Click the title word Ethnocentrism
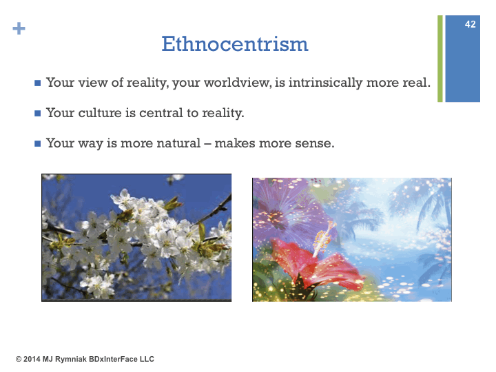coord(235,43)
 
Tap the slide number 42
coord(470,24)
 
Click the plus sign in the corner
coord(19,28)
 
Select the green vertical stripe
coord(440,59)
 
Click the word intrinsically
coord(325,83)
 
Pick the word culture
coord(100,113)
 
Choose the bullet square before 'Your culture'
coord(38,113)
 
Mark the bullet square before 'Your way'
coord(38,143)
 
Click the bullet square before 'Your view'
coord(38,83)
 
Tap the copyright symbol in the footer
coord(19,360)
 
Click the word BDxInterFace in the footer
coord(113,360)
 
